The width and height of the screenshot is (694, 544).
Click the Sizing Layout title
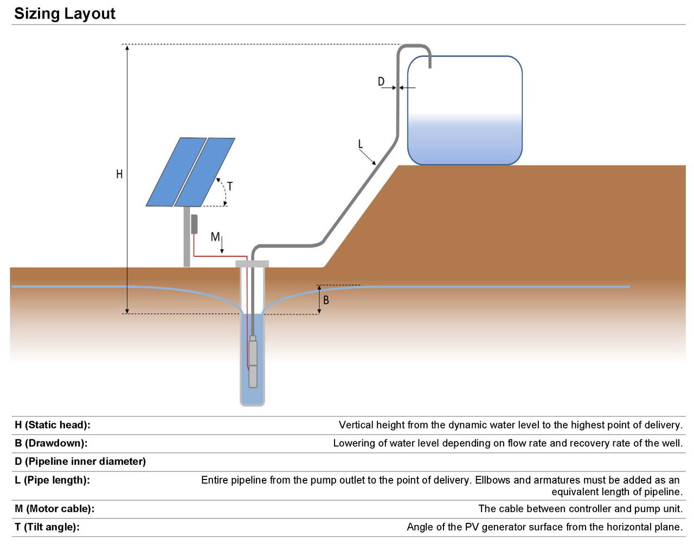tap(65, 14)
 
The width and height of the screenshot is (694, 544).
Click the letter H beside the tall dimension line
tap(119, 174)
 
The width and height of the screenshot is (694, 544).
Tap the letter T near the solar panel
tap(230, 187)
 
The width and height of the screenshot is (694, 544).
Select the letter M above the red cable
tap(215, 237)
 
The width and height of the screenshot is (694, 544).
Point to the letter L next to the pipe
tap(361, 144)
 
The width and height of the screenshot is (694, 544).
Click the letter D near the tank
tap(381, 82)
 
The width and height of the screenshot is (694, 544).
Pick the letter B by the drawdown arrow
tap(326, 300)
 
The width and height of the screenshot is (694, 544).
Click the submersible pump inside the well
tap(253, 362)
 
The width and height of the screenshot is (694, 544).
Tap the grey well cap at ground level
tap(252, 264)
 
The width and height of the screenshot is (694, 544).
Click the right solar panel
tap(205, 171)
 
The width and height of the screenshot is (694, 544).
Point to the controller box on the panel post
tap(194, 224)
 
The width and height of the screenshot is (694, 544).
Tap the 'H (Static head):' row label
tap(53, 425)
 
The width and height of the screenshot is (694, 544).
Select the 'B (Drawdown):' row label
tap(51, 443)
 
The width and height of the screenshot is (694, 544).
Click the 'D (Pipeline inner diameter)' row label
tap(80, 462)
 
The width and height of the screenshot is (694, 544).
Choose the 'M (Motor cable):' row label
tap(54, 509)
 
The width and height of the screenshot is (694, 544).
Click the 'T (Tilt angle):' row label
tap(47, 527)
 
